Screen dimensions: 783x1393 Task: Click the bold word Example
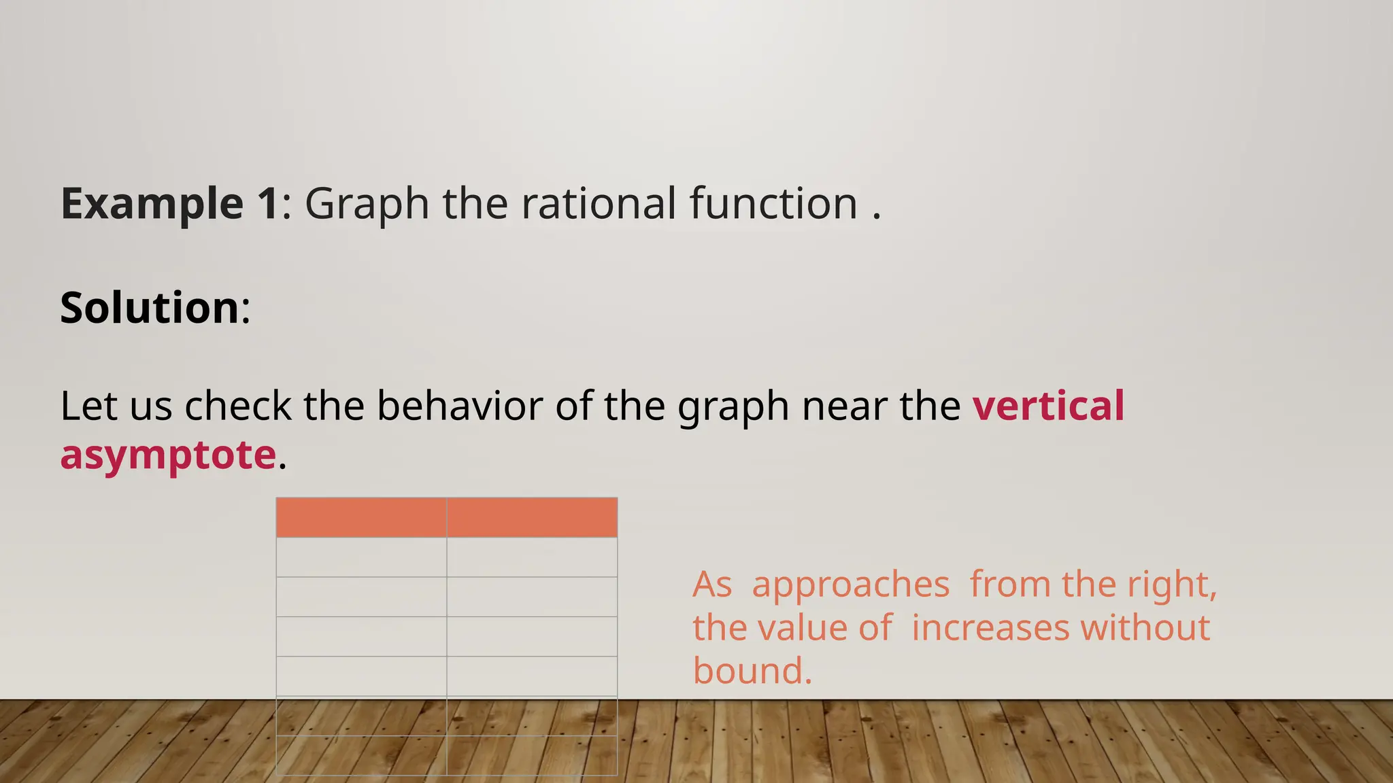pyautogui.click(x=152, y=203)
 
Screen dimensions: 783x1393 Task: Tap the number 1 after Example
pyautogui.click(x=268, y=203)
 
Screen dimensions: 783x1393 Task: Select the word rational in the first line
pyautogui.click(x=599, y=203)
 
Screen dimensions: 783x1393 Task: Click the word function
pyautogui.click(x=773, y=203)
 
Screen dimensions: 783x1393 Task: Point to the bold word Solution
pyautogui.click(x=150, y=308)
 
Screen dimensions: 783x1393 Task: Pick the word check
pyautogui.click(x=238, y=406)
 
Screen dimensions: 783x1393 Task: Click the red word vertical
pyautogui.click(x=1048, y=406)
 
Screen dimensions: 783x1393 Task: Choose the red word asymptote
pyautogui.click(x=168, y=455)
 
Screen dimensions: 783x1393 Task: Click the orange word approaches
pyautogui.click(x=850, y=585)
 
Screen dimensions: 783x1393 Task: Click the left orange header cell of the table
pyautogui.click(x=361, y=517)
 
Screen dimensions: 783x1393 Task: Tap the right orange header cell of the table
pyautogui.click(x=532, y=517)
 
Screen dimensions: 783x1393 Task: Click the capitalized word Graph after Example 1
pyautogui.click(x=367, y=203)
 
